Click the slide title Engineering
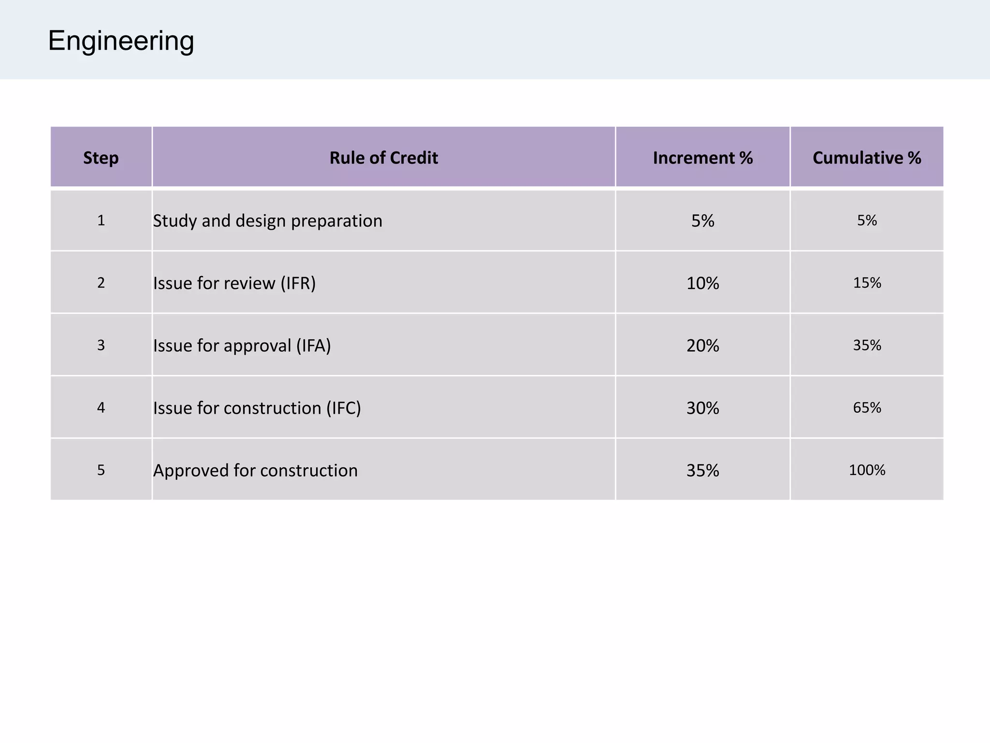tap(121, 41)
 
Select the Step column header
tap(101, 158)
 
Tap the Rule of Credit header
tap(383, 158)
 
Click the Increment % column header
tap(702, 158)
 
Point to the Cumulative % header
tap(867, 158)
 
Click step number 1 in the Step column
tap(101, 221)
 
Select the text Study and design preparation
tap(267, 221)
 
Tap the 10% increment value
tap(702, 283)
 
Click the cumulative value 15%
tap(867, 282)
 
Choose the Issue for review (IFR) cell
tap(234, 283)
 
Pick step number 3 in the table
tap(101, 345)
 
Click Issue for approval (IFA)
tap(242, 345)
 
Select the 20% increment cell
tap(702, 345)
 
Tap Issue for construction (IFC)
tap(257, 408)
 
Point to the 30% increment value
tap(702, 408)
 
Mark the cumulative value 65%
tap(867, 407)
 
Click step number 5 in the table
tap(101, 470)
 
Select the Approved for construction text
tap(255, 470)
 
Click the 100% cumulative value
tap(867, 470)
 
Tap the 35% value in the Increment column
tap(702, 470)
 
